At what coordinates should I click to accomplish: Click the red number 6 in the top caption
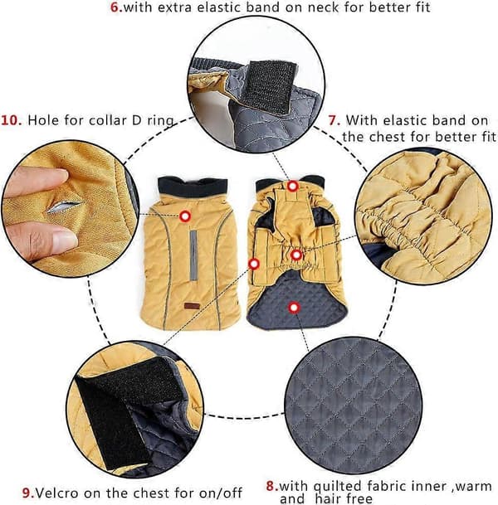115,7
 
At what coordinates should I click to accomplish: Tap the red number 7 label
334,120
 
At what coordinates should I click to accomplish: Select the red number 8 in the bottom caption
272,486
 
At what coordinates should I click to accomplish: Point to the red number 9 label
28,493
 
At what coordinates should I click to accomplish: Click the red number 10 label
12,120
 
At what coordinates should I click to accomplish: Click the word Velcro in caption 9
56,493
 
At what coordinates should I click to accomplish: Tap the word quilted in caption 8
337,486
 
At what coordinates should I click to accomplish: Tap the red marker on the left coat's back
185,216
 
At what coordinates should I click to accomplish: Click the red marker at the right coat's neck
293,186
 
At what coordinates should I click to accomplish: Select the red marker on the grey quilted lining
294,308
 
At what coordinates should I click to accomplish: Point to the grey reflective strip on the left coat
193,255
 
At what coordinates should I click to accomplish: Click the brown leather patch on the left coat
192,306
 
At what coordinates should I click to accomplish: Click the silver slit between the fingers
64,206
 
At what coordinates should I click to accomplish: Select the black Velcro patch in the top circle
270,86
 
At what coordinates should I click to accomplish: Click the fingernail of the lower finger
65,242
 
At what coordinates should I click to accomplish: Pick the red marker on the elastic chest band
296,255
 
